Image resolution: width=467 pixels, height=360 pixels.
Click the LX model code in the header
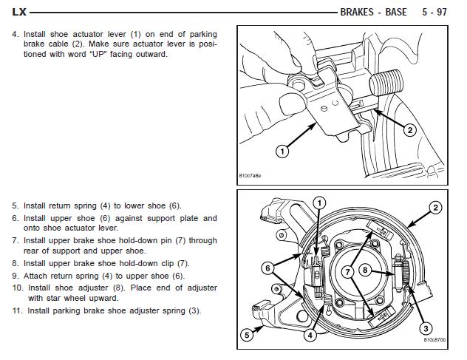pos(19,12)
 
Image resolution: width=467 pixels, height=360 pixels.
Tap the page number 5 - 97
pos(434,12)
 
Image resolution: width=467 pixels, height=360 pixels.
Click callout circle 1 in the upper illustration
pos(282,152)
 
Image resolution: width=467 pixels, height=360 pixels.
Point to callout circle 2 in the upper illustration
pos(411,130)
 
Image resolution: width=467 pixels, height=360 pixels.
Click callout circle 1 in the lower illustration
pos(319,203)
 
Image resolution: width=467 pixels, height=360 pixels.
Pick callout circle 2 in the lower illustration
pos(436,208)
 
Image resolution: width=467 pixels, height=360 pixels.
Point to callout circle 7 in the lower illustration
pos(344,272)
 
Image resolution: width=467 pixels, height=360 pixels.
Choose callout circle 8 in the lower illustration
pos(364,271)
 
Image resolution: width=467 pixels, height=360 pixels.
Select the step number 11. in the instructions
pos(16,310)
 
